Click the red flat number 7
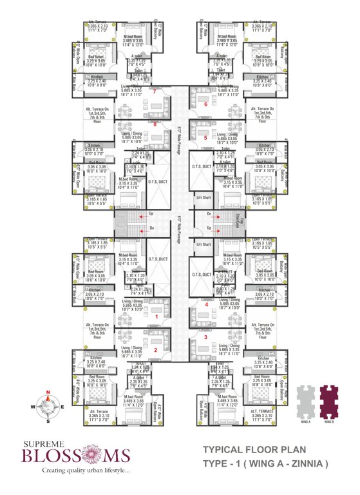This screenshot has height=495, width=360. coord(155,92)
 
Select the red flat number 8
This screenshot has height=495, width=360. coord(155,124)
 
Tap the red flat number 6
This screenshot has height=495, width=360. coord(205,104)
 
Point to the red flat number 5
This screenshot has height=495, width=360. coord(205,137)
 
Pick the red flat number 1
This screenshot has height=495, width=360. coord(156,316)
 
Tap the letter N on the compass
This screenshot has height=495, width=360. coord(48,391)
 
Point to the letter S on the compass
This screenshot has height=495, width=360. coord(48,421)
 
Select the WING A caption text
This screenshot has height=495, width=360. coord(305,421)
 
